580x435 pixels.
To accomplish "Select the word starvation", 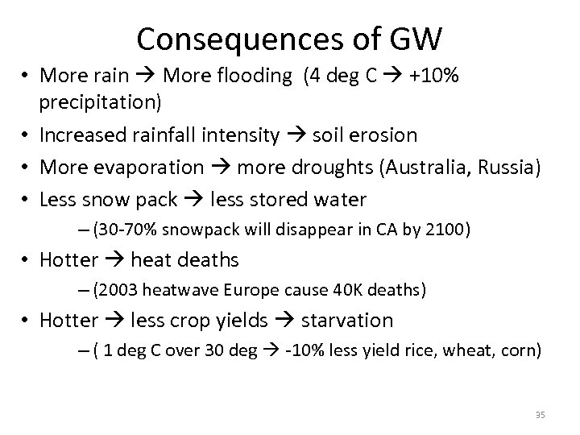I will pos(347,320).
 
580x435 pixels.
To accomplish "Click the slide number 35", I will pos(541,415).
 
